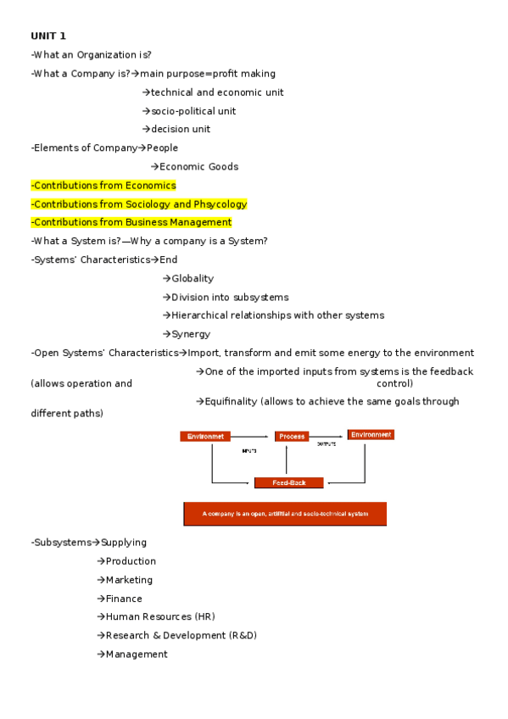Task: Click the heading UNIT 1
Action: (x=48, y=36)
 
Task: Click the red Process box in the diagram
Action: (x=292, y=437)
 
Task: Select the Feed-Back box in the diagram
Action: (x=288, y=482)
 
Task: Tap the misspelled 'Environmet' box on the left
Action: (x=204, y=437)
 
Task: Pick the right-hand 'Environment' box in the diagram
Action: (x=371, y=435)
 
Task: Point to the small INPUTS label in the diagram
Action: (x=249, y=451)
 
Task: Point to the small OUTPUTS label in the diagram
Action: (x=327, y=444)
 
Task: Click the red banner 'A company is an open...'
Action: (x=285, y=514)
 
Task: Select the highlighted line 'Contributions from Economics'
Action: (x=103, y=185)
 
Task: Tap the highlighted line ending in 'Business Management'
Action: (x=131, y=222)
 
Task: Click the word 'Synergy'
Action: (x=191, y=334)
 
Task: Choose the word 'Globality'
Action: (x=193, y=278)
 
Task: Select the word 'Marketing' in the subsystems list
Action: (x=129, y=580)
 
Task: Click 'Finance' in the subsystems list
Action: (x=124, y=599)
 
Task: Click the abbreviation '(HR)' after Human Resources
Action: (x=204, y=616)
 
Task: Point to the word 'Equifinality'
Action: (x=230, y=401)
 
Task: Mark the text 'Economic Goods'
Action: (x=198, y=166)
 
